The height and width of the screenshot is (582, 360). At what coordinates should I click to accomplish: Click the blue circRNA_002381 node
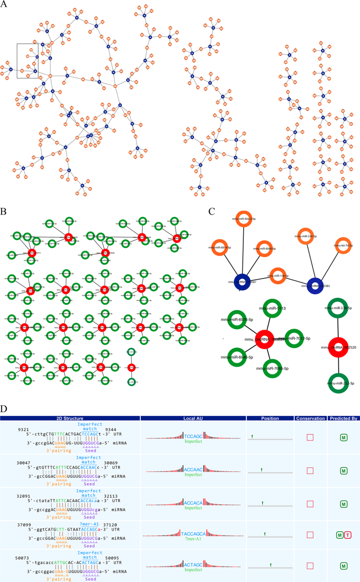click(x=315, y=286)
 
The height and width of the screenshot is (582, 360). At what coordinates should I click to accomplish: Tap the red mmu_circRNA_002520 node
click(x=337, y=348)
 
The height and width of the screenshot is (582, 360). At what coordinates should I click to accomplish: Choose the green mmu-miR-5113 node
click(x=272, y=309)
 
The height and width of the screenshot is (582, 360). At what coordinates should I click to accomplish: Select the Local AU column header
click(x=193, y=418)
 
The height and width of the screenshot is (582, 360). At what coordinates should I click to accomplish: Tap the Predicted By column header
click(x=344, y=418)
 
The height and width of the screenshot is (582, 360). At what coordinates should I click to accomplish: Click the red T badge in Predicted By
click(x=348, y=535)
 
